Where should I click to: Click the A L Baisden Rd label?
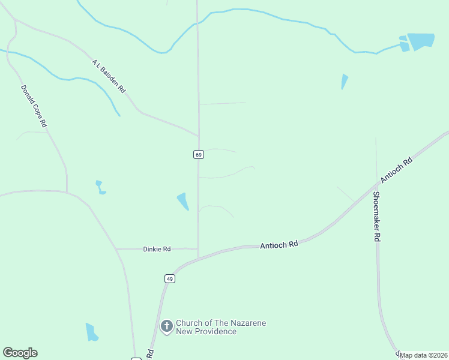click(x=109, y=76)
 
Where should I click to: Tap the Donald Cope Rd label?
click(x=34, y=106)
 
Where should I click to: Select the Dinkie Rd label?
click(x=157, y=249)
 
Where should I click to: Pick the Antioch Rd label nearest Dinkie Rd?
click(x=279, y=245)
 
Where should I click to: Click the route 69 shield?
click(x=199, y=154)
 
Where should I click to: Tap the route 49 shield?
click(x=170, y=279)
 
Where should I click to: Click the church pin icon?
click(x=167, y=326)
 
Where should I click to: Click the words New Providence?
click(x=206, y=332)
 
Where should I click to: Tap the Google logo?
click(x=20, y=353)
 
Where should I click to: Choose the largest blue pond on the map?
click(x=421, y=41)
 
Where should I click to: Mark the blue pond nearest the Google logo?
click(x=91, y=332)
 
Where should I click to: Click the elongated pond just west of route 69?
click(x=182, y=200)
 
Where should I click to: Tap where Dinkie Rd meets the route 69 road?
click(x=198, y=249)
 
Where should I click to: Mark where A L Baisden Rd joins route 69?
click(x=199, y=135)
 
